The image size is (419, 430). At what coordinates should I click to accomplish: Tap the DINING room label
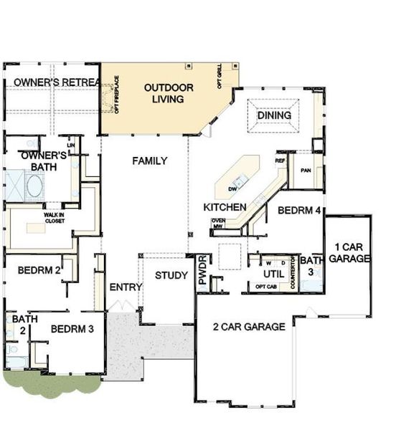(x=274, y=115)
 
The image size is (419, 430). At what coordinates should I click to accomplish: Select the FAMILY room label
(x=149, y=161)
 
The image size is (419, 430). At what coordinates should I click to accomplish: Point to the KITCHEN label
(x=225, y=207)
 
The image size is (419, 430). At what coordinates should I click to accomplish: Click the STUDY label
(x=171, y=275)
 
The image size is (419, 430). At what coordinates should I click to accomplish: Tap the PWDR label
(x=203, y=269)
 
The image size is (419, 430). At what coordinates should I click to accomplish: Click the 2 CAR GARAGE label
(x=249, y=327)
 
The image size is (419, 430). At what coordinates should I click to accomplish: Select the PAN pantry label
(x=306, y=171)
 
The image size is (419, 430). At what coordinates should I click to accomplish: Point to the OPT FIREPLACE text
(x=116, y=100)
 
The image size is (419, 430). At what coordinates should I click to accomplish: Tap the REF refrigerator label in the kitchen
(x=280, y=162)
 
